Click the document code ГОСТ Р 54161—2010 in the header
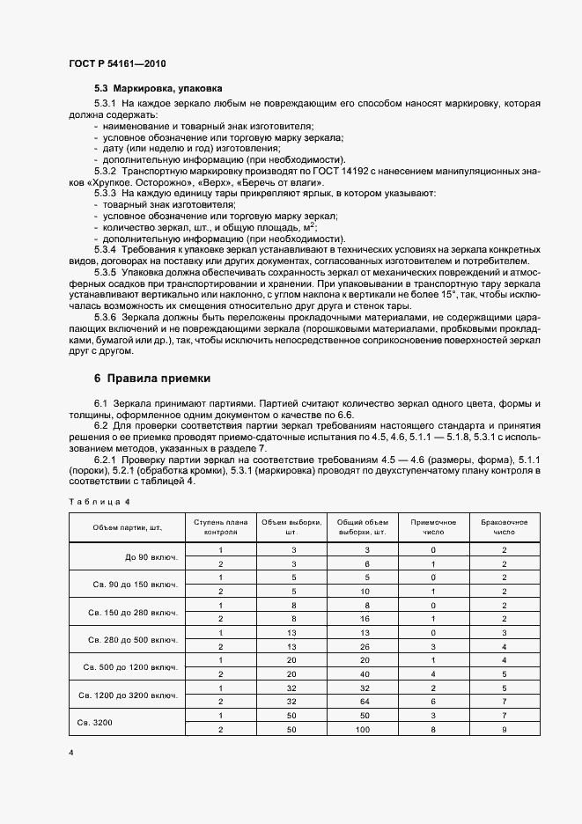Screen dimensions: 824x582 [x=117, y=65]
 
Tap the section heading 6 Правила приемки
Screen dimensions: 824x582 [x=152, y=379]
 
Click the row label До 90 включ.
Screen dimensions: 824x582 [x=151, y=557]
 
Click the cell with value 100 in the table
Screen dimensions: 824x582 [x=363, y=730]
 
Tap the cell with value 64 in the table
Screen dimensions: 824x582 [x=363, y=702]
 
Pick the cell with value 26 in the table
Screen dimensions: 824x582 [x=363, y=647]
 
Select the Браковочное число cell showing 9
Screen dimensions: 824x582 [x=505, y=730]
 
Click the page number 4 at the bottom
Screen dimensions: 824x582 [x=70, y=754]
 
